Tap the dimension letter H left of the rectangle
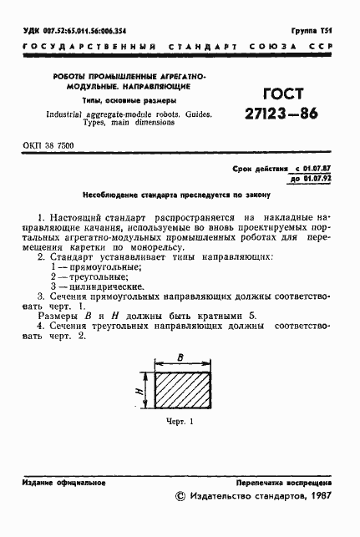pyautogui.click(x=137, y=390)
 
